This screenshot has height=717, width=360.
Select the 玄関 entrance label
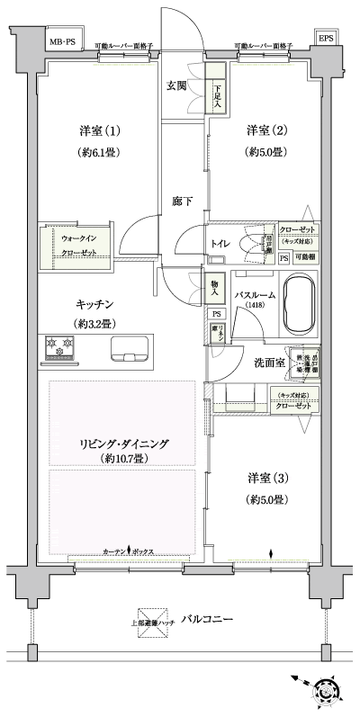(x=176, y=86)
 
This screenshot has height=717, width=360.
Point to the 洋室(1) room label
(x=94, y=130)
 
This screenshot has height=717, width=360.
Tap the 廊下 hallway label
(x=183, y=202)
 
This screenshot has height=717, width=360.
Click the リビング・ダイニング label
(x=122, y=444)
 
